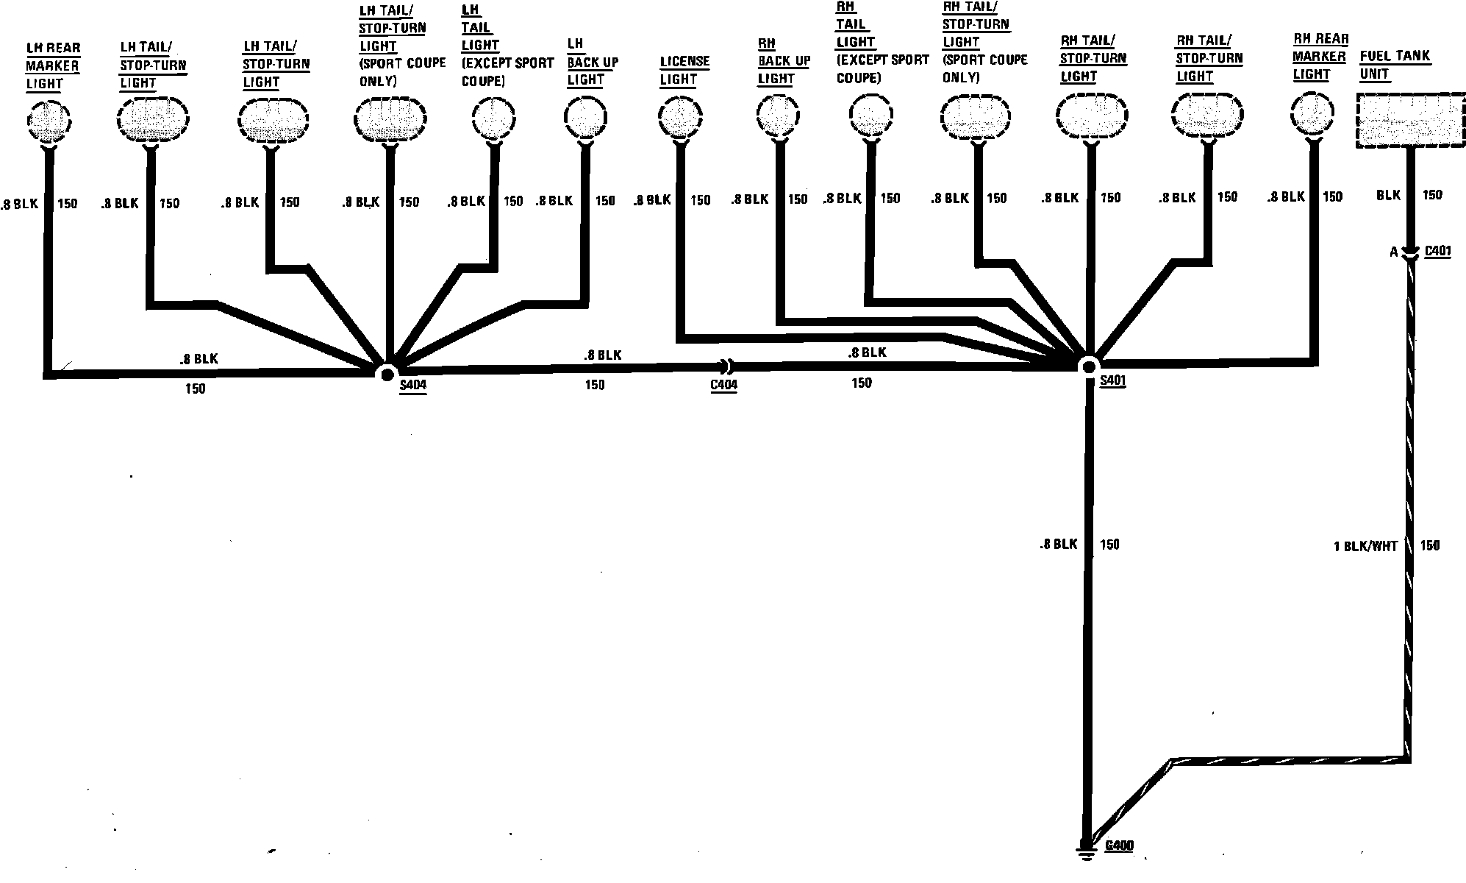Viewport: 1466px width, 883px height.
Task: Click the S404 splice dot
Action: pos(386,374)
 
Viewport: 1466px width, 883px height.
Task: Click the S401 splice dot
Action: pos(1088,366)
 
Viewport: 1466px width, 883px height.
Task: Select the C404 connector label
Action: pos(723,385)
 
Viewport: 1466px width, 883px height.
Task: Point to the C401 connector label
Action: pos(1437,251)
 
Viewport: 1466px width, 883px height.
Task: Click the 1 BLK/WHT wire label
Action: pos(1365,546)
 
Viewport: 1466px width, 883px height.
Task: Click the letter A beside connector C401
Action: pos(1393,252)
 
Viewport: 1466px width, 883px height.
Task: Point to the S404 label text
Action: pos(412,385)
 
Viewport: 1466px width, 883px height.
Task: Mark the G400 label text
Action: pos(1119,845)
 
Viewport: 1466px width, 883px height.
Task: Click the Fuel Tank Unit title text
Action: pos(1394,65)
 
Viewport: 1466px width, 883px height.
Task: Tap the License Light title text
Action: pos(684,70)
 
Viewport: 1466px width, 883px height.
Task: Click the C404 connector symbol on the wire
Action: pos(725,366)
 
